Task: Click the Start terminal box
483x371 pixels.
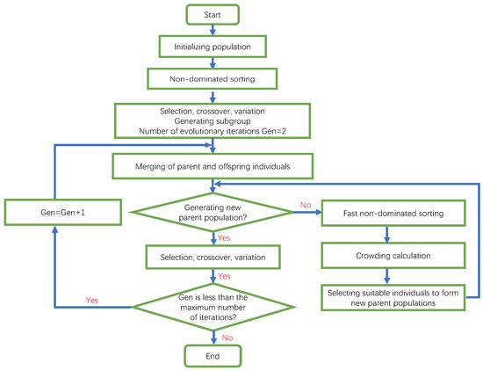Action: coord(212,14)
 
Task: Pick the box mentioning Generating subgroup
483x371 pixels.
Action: coord(212,120)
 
